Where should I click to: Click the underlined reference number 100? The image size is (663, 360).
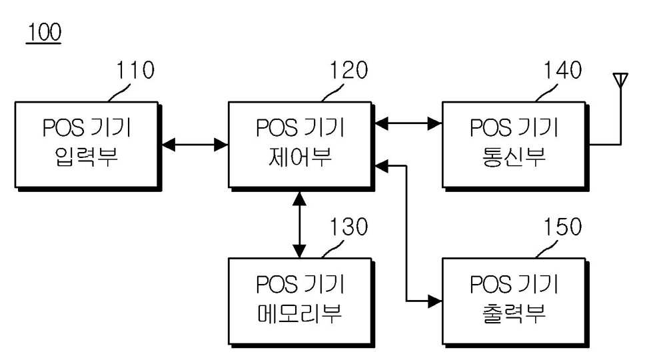[44, 32]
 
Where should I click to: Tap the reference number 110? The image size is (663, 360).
[135, 70]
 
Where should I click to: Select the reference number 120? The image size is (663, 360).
[349, 70]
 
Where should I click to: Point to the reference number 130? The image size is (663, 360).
[349, 227]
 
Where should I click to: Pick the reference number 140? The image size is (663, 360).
[563, 70]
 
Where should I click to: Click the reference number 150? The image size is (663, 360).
[563, 227]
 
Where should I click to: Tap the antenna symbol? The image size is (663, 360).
[620, 80]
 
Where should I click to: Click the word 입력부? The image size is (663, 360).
[86, 157]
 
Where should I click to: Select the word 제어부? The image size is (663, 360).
[300, 157]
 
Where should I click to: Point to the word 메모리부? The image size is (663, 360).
[300, 313]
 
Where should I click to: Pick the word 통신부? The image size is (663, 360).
[514, 157]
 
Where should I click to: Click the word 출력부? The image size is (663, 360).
[514, 313]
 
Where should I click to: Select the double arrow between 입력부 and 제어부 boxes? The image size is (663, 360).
[195, 145]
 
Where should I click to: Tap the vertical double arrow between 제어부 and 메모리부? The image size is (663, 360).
[299, 225]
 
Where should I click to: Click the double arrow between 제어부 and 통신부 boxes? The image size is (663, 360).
[408, 123]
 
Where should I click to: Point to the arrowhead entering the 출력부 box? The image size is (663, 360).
[435, 301]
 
